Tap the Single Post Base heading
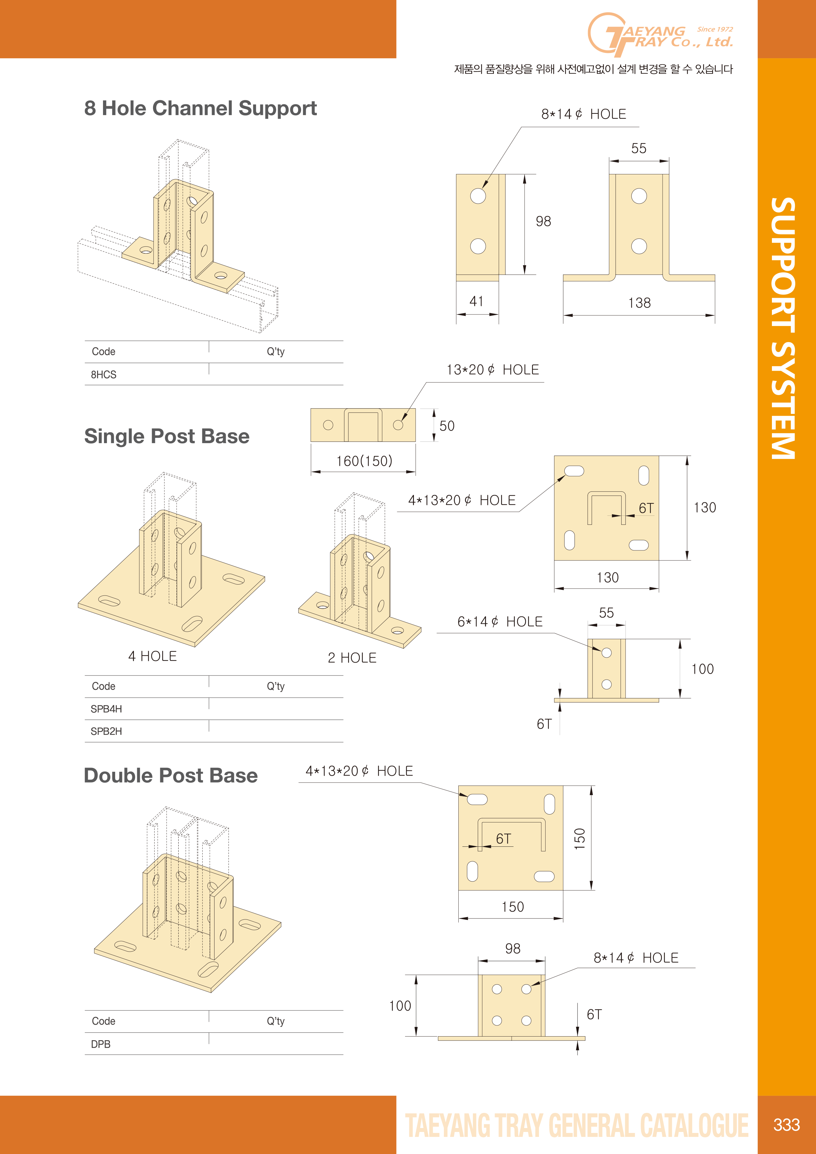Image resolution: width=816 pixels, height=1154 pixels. tap(166, 436)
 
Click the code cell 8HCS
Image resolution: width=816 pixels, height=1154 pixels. tap(104, 374)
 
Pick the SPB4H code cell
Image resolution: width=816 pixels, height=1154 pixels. tap(106, 709)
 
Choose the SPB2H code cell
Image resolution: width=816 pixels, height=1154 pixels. tap(106, 731)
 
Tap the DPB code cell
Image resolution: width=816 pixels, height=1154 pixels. tap(101, 1044)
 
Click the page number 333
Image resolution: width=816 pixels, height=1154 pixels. tap(786, 1124)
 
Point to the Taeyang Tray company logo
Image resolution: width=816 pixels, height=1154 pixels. tap(660, 34)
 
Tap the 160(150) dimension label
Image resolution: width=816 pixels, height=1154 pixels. tap(364, 461)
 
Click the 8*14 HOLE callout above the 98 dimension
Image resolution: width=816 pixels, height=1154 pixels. tap(584, 114)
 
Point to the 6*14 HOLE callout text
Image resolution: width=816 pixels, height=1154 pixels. tap(500, 622)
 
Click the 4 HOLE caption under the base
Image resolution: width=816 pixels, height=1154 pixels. tap(152, 656)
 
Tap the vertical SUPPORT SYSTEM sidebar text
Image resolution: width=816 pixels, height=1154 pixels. tap(783, 328)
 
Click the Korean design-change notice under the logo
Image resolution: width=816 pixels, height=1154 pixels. tap(593, 69)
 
